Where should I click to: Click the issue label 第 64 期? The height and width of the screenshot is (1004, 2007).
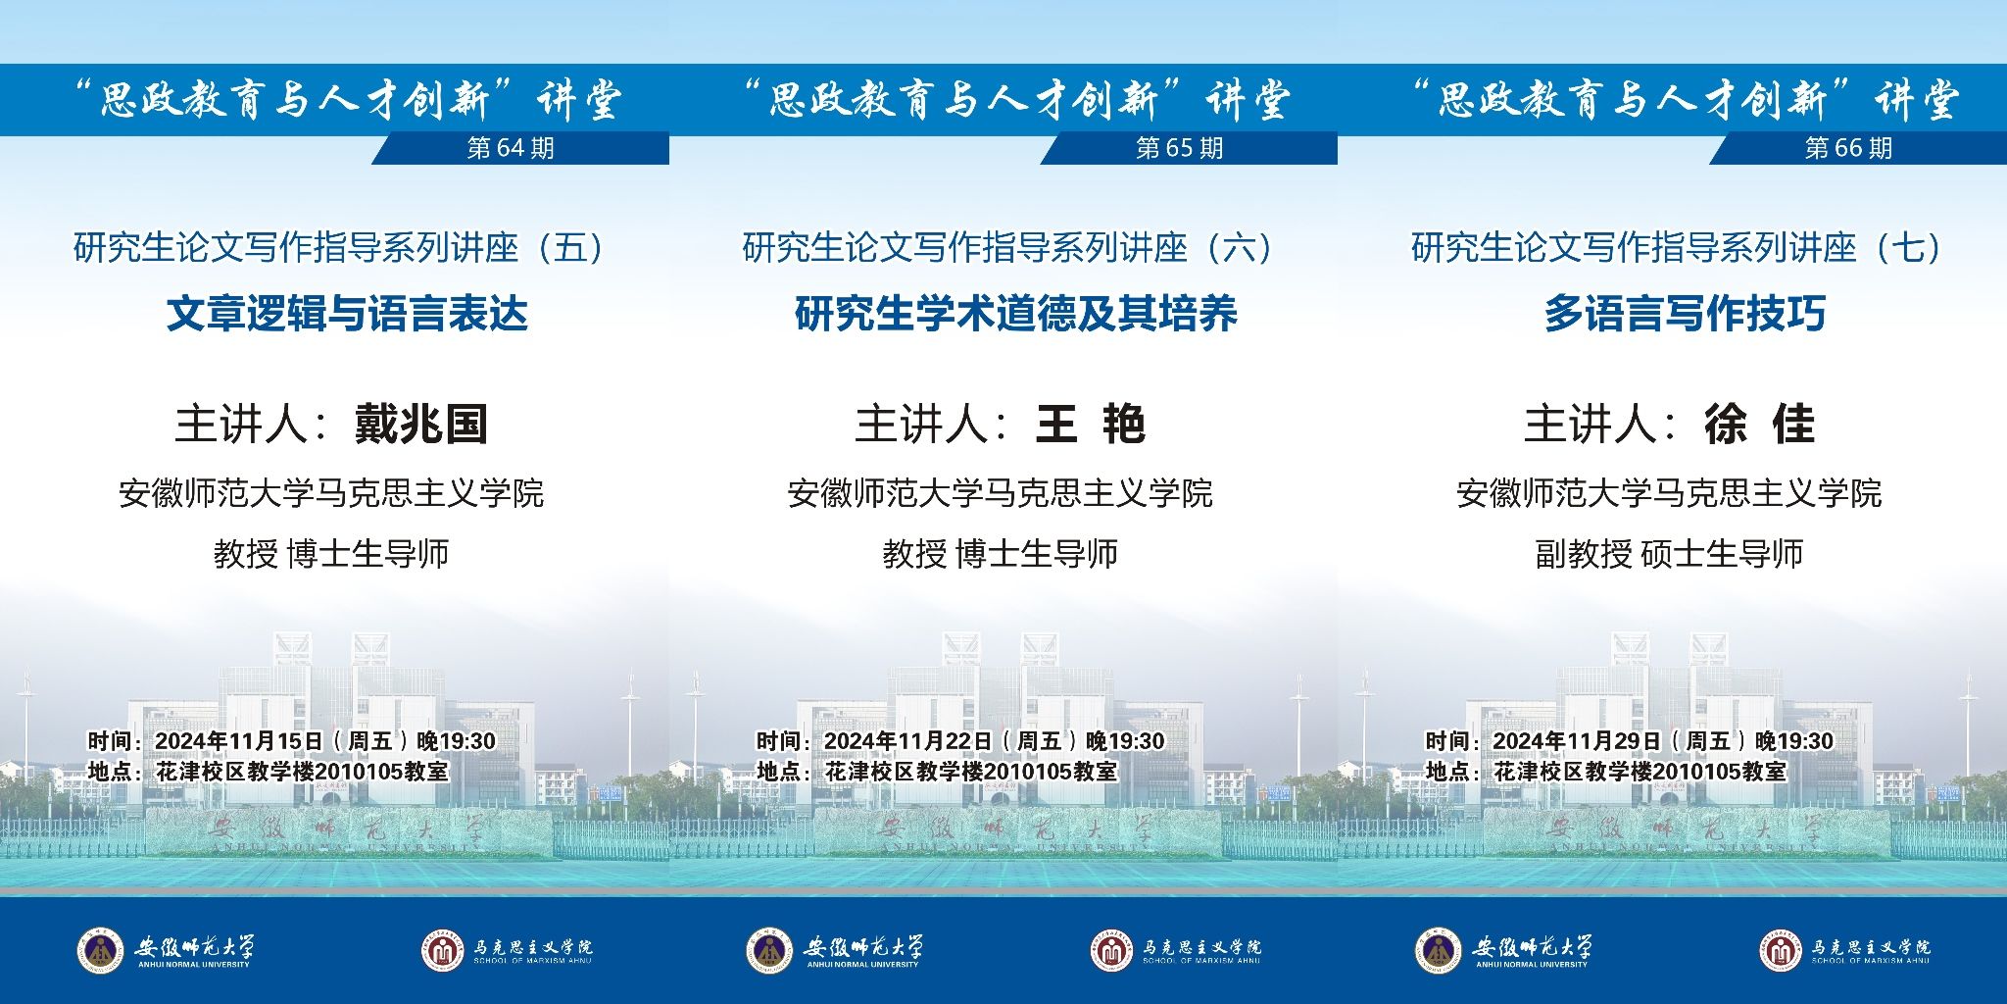click(x=511, y=148)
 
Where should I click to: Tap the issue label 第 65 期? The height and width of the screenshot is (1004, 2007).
click(x=1180, y=148)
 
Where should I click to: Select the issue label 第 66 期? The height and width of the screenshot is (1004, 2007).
click(x=1849, y=148)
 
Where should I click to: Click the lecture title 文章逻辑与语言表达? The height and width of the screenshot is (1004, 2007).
click(x=347, y=314)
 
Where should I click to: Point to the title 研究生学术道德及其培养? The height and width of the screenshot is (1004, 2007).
click(x=1016, y=314)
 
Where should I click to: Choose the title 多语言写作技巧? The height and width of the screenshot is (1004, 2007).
click(x=1685, y=314)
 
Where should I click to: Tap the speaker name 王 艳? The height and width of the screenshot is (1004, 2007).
click(x=1090, y=425)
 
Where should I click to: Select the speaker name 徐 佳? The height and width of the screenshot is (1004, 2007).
click(x=1759, y=425)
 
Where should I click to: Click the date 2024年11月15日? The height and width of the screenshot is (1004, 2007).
click(x=239, y=741)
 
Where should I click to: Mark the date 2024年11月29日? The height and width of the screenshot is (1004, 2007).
click(x=1577, y=741)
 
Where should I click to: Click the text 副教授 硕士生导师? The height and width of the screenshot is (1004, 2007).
click(x=1669, y=554)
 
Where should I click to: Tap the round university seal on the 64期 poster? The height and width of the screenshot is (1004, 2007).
click(x=101, y=950)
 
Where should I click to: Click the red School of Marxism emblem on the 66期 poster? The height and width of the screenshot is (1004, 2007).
click(x=1781, y=950)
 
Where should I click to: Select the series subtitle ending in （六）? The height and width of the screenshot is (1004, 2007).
click(x=1009, y=248)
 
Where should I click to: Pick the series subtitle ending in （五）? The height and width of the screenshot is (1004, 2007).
click(x=340, y=248)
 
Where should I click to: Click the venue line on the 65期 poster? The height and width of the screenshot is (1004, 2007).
click(x=937, y=772)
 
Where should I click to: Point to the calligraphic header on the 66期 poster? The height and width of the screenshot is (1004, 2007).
click(x=1685, y=100)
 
